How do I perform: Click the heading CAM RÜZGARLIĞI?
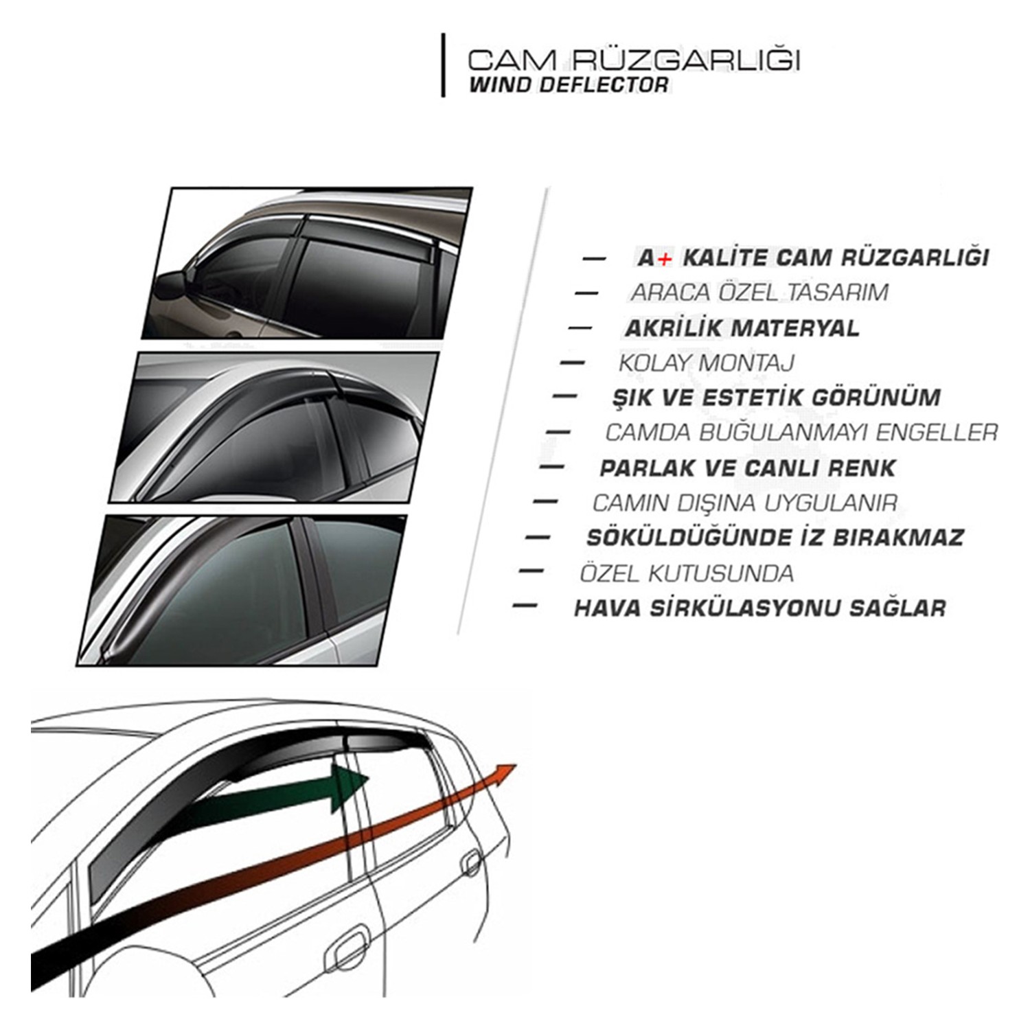click(x=634, y=60)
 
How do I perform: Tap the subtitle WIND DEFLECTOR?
click(x=568, y=85)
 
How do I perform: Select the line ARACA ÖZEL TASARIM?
click(x=759, y=292)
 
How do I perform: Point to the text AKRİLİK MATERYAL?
click(x=742, y=328)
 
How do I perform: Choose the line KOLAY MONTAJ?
click(x=706, y=363)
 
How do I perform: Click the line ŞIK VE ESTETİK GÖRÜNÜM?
click(x=776, y=398)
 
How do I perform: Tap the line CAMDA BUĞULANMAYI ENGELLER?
click(x=801, y=433)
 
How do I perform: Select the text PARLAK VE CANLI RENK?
click(x=748, y=468)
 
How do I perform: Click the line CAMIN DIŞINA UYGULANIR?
click(x=745, y=503)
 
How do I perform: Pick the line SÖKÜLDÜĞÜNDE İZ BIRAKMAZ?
click(x=775, y=537)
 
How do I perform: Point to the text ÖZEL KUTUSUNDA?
click(x=687, y=573)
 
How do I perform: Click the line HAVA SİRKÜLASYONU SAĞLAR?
click(x=759, y=608)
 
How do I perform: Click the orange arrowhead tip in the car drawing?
click(x=515, y=765)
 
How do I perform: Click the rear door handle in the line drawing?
click(x=472, y=858)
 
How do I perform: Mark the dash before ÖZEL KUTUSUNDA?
click(x=532, y=571)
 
